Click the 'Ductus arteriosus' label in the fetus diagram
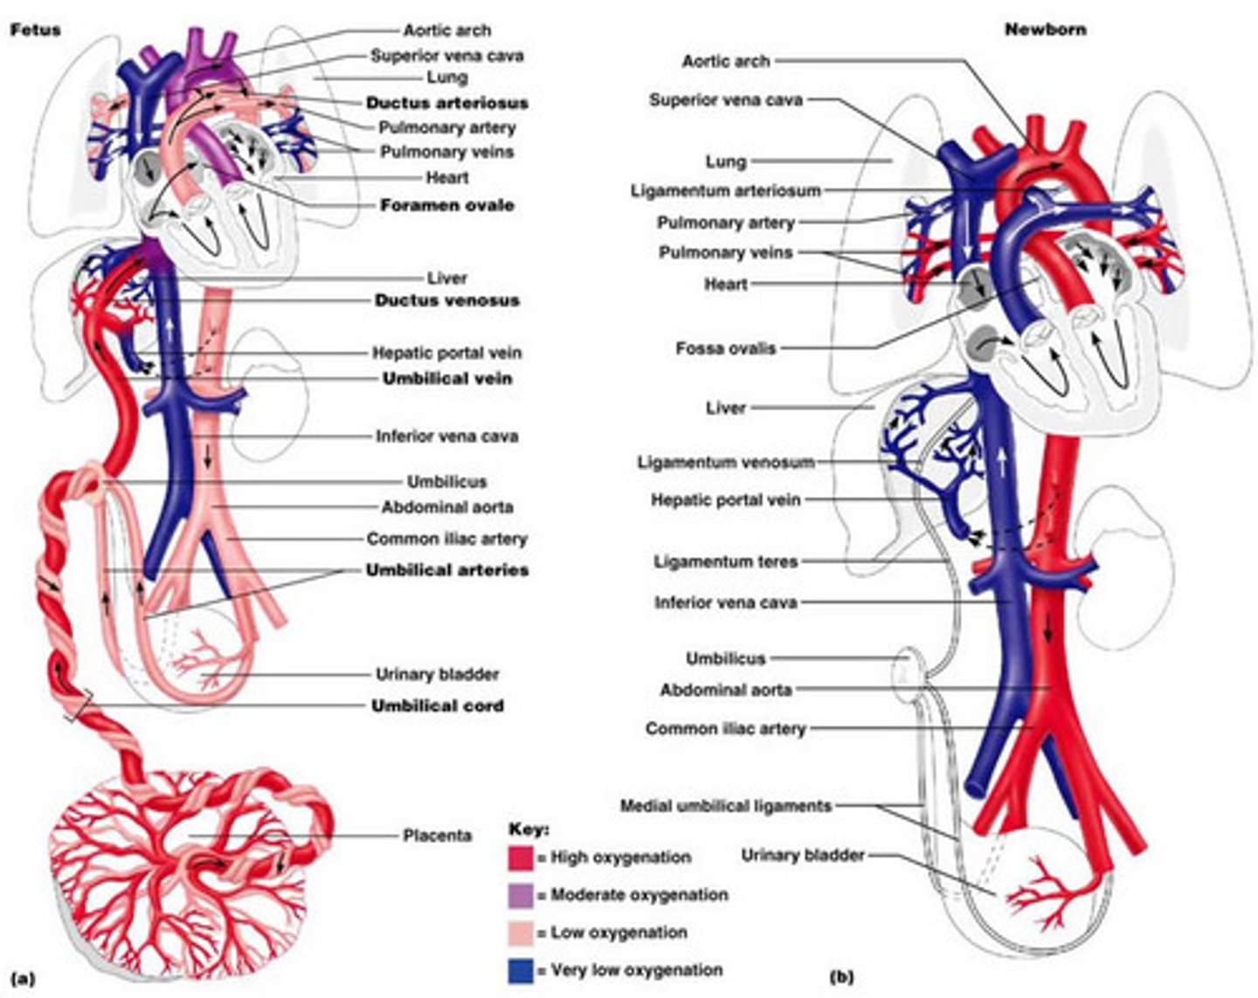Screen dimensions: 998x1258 point(446,103)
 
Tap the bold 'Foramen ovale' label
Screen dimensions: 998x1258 point(446,205)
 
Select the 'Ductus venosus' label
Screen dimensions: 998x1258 point(446,300)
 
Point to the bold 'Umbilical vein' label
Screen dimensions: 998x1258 point(446,379)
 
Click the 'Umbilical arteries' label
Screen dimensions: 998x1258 point(446,570)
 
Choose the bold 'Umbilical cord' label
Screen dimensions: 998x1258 point(437,705)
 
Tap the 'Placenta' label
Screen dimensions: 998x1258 point(437,836)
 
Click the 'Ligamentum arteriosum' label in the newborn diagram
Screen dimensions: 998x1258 point(725,190)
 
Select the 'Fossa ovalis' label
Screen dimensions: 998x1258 point(725,348)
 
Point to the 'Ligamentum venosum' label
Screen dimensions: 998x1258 point(725,462)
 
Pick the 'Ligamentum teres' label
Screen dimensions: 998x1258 point(725,561)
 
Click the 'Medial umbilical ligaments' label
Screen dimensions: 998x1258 point(725,806)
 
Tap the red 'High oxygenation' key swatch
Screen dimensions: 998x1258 point(520,858)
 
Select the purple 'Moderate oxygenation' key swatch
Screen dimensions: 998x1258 point(520,896)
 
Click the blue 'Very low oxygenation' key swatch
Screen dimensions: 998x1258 point(520,970)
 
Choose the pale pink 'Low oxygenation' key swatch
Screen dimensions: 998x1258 point(520,933)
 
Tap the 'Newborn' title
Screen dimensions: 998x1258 point(1033,30)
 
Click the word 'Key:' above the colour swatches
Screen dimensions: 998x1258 point(529,829)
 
